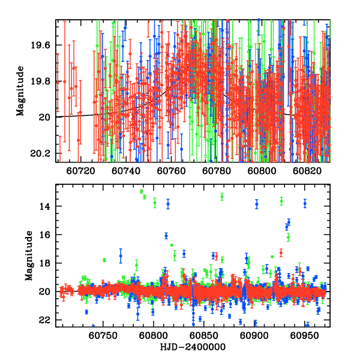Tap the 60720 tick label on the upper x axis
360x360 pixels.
pos(81,170)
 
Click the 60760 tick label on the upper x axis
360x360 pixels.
pos(172,170)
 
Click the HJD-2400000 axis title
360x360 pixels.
pos(193,347)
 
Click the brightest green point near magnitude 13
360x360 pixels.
pos(142,191)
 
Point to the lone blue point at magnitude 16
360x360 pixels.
pos(166,236)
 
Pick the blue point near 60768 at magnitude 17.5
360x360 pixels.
pos(121,256)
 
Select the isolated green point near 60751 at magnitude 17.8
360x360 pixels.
pos(104,260)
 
